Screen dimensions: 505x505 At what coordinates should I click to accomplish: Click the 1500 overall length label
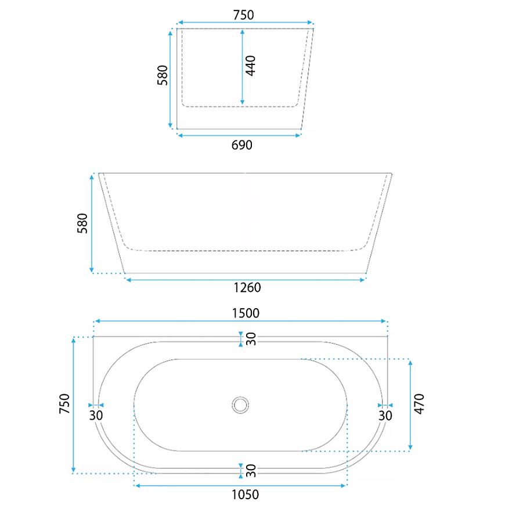coord(246,313)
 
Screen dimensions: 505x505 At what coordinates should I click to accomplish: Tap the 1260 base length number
coord(247,287)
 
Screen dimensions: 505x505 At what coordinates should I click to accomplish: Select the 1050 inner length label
coord(246,495)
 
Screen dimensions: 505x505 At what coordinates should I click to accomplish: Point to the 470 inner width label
coord(419,404)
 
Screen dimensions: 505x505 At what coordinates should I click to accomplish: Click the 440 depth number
coord(251,66)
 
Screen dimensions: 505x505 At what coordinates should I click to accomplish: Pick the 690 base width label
coord(242,145)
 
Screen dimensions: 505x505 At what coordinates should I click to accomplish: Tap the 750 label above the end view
coord(243,15)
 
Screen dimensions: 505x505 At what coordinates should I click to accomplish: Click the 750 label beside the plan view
coord(64,404)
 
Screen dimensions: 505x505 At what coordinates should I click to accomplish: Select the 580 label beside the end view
coord(163,75)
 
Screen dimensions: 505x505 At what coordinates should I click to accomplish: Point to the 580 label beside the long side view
coord(82,223)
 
